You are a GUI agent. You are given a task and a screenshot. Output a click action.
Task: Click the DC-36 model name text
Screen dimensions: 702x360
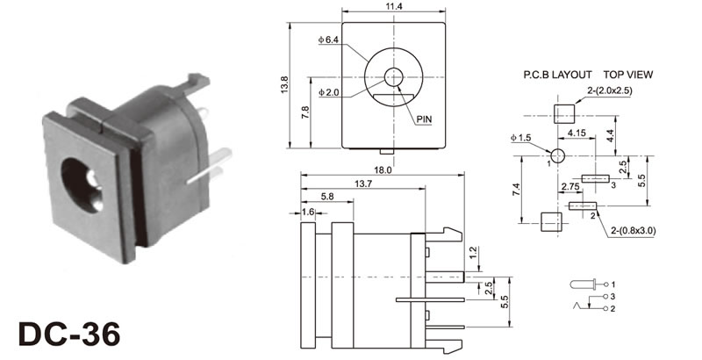(69, 335)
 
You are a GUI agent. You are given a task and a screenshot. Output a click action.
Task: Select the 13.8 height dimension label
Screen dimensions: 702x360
(284, 84)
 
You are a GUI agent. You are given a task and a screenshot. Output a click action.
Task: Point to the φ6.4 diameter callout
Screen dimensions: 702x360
(328, 40)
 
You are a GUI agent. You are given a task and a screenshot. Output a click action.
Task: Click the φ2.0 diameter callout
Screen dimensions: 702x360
(328, 93)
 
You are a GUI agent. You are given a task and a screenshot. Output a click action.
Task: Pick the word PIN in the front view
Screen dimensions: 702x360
(424, 119)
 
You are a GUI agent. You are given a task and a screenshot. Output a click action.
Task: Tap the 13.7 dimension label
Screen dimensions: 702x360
(363, 184)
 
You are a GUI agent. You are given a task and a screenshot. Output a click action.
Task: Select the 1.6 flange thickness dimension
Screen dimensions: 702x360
(308, 212)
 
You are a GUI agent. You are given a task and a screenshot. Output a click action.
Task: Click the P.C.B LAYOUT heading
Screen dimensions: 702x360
(558, 75)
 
